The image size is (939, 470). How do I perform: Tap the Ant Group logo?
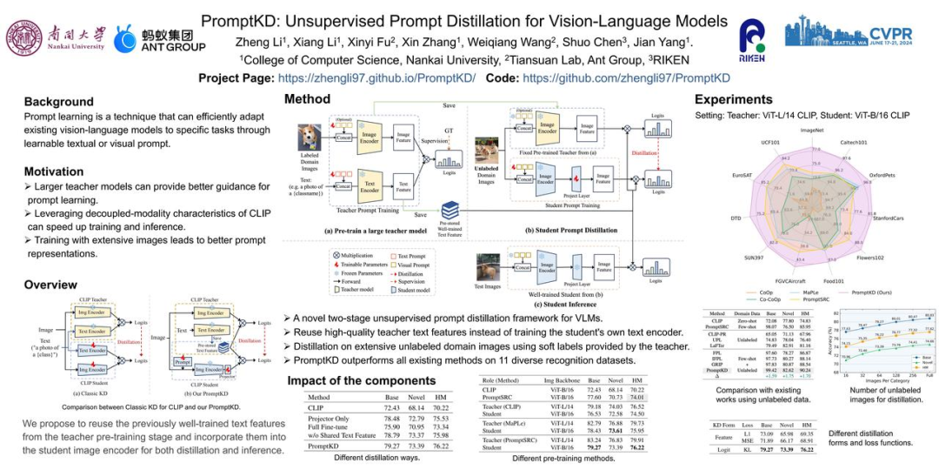pyautogui.click(x=160, y=39)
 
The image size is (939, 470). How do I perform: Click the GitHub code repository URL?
pyautogui.click(x=626, y=77)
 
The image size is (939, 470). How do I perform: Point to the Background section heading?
pyautogui.click(x=58, y=102)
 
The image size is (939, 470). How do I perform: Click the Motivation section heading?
pyautogui.click(x=54, y=171)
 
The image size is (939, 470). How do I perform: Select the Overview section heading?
pyautogui.click(x=50, y=285)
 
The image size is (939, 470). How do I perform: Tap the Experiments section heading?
pyautogui.click(x=733, y=99)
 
